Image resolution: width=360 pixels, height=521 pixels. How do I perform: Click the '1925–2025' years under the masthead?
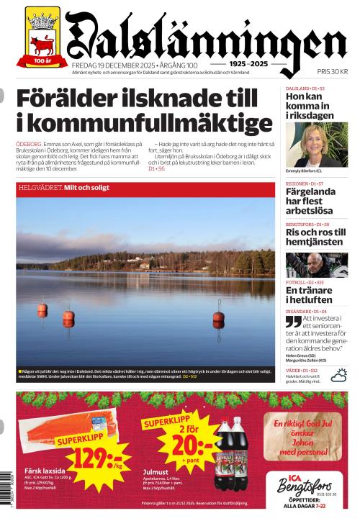click(249, 64)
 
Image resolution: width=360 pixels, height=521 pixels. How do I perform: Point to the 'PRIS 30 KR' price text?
click(332, 71)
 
